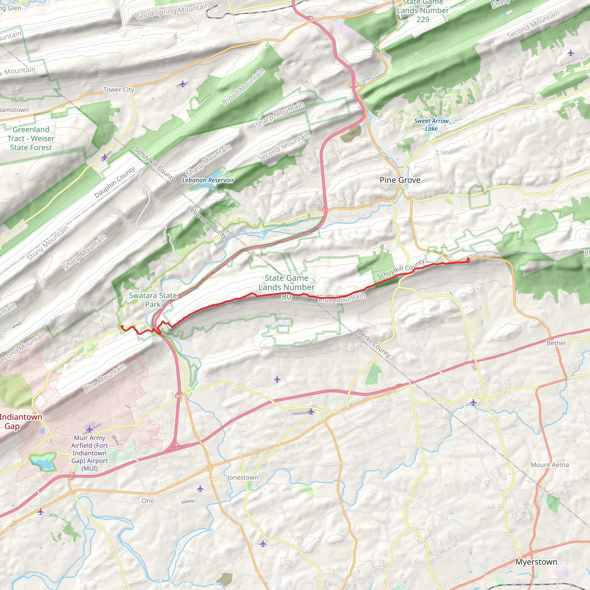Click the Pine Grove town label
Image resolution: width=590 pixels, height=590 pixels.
(x=400, y=180)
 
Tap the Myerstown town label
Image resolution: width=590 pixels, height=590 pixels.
(x=536, y=562)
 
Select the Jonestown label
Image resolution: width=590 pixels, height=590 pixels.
(x=243, y=477)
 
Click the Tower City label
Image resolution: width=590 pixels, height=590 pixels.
(x=118, y=90)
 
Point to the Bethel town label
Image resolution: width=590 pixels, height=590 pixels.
(x=556, y=343)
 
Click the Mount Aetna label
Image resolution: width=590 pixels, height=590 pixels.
(x=549, y=465)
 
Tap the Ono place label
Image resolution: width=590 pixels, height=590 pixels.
(x=148, y=500)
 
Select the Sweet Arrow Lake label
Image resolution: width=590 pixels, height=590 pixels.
(x=431, y=124)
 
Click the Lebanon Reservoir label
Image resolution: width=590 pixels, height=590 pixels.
(x=208, y=180)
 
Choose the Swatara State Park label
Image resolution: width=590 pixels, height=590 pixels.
(x=153, y=300)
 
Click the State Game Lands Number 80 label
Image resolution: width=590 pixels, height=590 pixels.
(x=286, y=287)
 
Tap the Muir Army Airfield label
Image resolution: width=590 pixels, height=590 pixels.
(x=90, y=453)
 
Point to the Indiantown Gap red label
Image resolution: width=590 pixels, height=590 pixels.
(x=20, y=421)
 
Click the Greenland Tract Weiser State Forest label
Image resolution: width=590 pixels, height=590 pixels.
(x=31, y=138)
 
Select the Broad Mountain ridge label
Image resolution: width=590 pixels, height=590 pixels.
(x=243, y=87)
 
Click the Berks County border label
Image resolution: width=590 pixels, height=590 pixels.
(x=374, y=344)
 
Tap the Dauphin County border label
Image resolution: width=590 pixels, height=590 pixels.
(x=115, y=182)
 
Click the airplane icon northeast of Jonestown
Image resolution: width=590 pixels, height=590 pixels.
(x=311, y=411)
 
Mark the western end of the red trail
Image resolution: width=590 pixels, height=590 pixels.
(x=122, y=326)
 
